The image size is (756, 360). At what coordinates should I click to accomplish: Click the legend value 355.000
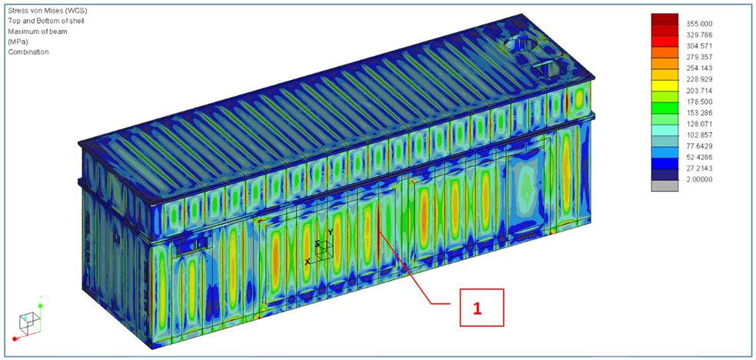coord(696,24)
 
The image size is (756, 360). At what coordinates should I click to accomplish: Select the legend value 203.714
coord(696,91)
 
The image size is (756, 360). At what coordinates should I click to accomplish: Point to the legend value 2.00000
coord(696,180)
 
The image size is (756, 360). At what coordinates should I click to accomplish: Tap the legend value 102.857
coord(696,135)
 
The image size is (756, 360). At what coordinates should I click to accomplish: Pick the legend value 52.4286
coord(696,158)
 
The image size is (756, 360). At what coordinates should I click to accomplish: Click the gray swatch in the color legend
coord(665,186)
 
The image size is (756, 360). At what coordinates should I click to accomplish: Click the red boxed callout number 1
coord(477,308)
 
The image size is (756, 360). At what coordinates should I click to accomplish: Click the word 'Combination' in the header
coord(28,52)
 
